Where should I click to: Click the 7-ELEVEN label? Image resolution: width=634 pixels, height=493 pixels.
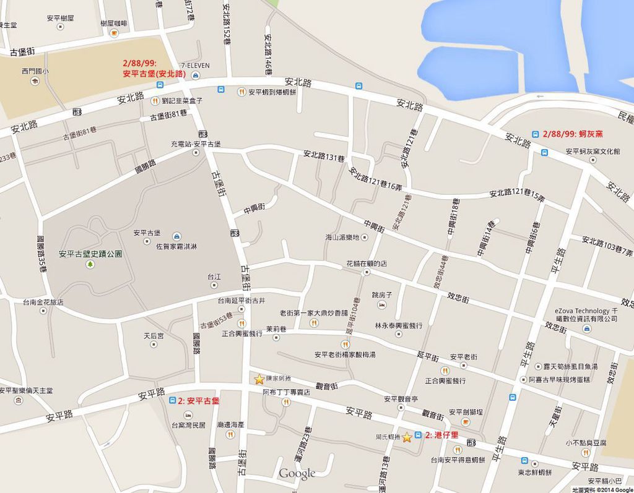click(195, 65)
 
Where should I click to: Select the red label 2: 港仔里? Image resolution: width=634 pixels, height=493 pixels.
click(441, 435)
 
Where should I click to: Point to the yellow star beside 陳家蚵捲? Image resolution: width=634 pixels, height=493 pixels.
click(259, 379)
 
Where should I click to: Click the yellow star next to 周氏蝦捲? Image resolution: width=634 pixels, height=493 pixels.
click(407, 437)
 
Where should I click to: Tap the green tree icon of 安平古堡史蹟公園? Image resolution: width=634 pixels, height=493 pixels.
click(90, 264)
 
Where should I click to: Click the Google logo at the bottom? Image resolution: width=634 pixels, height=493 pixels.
click(297, 474)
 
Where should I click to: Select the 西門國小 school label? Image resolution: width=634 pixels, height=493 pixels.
click(34, 71)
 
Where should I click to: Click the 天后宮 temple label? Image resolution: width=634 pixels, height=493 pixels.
click(154, 336)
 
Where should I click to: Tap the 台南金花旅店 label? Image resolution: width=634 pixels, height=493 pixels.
click(43, 302)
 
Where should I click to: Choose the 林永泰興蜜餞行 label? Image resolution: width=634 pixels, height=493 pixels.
click(399, 325)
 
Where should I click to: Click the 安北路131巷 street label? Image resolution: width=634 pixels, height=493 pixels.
click(323, 156)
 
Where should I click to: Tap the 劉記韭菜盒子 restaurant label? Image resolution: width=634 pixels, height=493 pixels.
click(181, 100)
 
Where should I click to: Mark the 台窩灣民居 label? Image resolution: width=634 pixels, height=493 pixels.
click(188, 425)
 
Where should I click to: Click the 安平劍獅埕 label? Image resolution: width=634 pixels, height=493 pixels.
click(466, 412)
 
